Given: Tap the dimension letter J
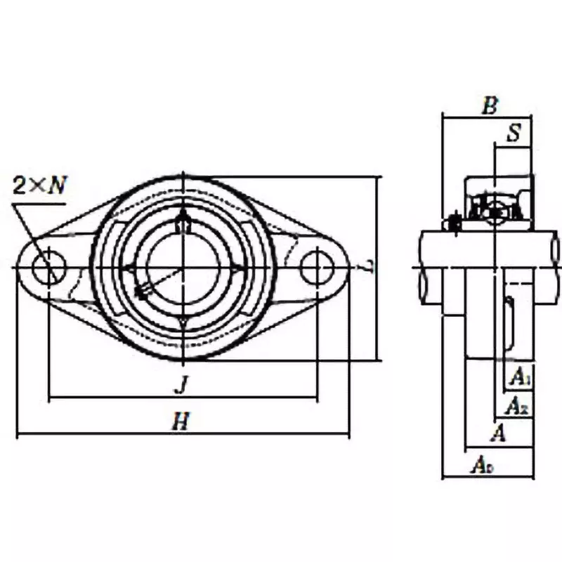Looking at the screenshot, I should tap(181, 384).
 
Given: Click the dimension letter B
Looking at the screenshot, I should tap(490, 106).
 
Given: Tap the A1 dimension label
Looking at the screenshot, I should tap(519, 378).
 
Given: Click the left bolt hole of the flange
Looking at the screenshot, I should tap(50, 268).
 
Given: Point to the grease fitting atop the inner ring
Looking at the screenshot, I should tap(183, 222).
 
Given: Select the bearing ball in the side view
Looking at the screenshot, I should tap(496, 210).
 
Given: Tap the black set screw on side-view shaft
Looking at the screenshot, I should tap(454, 224).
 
